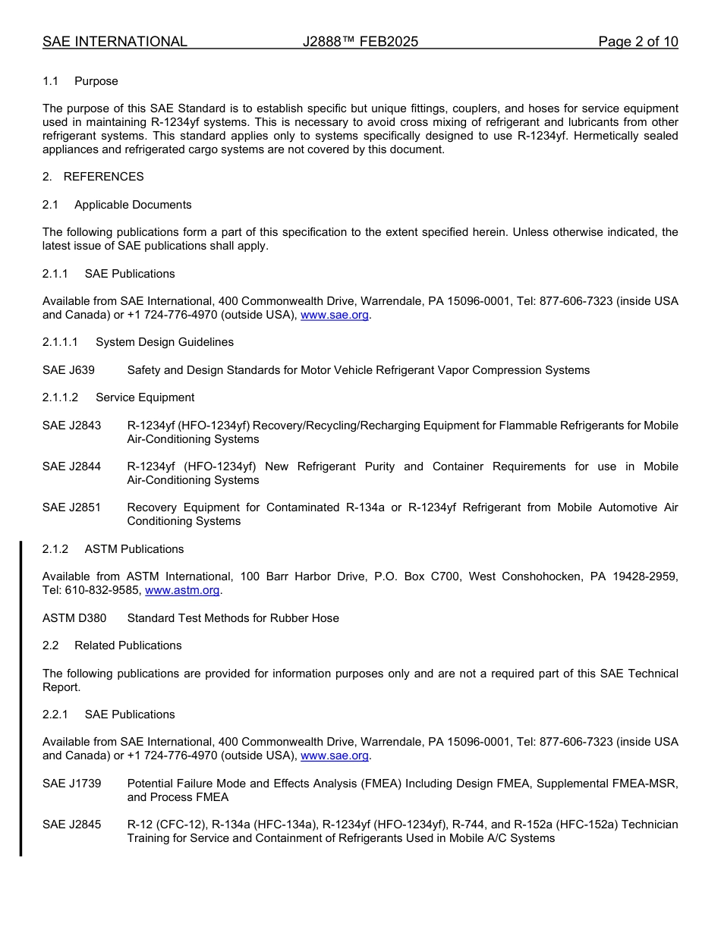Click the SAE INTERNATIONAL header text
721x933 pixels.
click(115, 42)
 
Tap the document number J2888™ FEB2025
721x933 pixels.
click(360, 42)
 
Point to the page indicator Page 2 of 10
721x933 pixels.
click(638, 42)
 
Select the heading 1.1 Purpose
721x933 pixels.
click(80, 81)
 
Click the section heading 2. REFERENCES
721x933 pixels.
click(93, 177)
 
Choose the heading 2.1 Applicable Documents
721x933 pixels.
click(118, 205)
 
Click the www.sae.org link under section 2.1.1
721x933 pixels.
click(335, 316)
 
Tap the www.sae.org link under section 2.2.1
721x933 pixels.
click(335, 756)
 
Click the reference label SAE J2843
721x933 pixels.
click(71, 426)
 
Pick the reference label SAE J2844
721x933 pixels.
click(71, 466)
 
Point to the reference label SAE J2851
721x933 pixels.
click(71, 507)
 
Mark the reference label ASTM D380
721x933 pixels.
click(74, 618)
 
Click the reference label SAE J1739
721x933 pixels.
click(71, 784)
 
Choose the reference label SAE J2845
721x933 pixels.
click(71, 825)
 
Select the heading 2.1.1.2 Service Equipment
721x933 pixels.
click(118, 397)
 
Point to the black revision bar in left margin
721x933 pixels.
click(20, 698)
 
